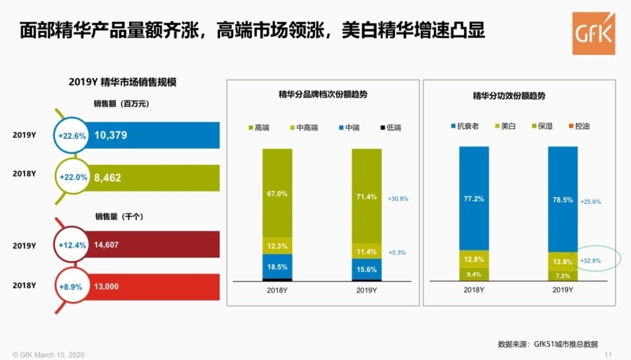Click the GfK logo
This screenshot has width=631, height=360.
click(x=593, y=32)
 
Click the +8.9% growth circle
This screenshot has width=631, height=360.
click(x=72, y=287)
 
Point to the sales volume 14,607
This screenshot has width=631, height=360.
click(x=107, y=245)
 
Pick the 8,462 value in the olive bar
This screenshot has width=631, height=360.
click(x=107, y=178)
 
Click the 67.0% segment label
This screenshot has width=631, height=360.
click(x=277, y=194)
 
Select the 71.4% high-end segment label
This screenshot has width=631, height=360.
click(x=367, y=197)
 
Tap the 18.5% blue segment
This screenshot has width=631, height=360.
click(x=277, y=266)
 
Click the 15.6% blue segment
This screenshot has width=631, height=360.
click(x=367, y=269)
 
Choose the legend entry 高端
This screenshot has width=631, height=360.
click(x=258, y=128)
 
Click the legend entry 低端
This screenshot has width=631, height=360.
click(x=390, y=128)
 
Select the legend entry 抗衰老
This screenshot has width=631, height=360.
click(x=464, y=127)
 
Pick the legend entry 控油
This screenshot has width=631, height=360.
click(x=579, y=127)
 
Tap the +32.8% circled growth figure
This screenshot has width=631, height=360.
click(x=590, y=261)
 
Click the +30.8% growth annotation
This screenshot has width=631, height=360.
click(x=398, y=198)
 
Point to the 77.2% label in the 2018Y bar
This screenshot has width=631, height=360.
click(x=474, y=199)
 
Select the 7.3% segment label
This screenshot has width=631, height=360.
click(x=562, y=275)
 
